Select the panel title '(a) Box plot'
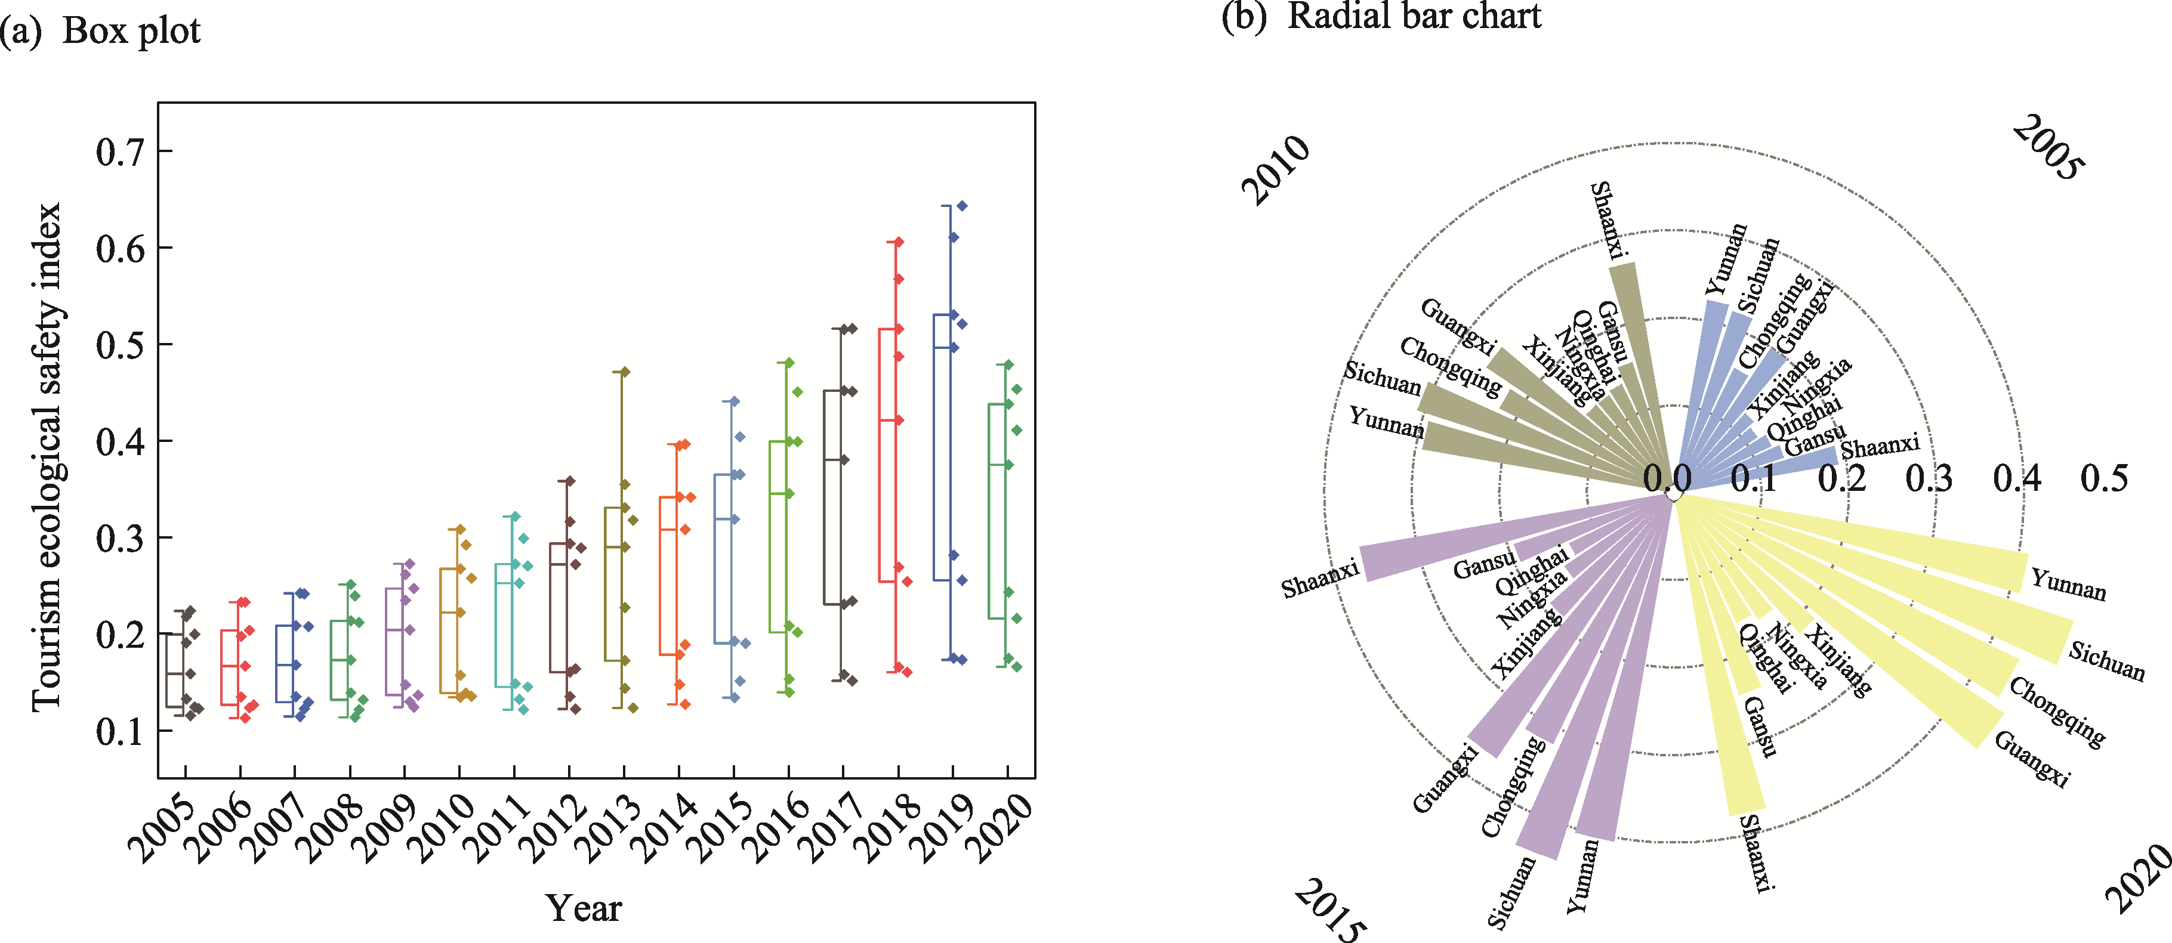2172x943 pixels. tap(101, 31)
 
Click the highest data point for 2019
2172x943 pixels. tap(962, 206)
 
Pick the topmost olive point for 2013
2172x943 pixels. tap(625, 372)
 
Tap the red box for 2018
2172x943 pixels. tap(888, 455)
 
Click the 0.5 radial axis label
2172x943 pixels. tap(2105, 479)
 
